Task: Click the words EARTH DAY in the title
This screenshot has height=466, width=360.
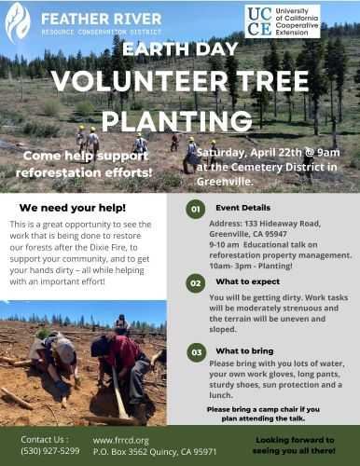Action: tap(179, 49)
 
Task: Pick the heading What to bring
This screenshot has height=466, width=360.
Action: tap(243, 351)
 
